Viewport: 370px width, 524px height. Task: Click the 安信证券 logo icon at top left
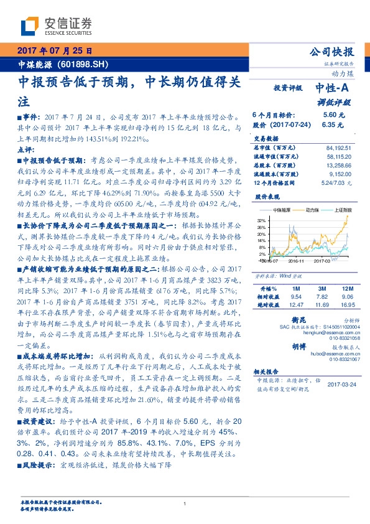[x=30, y=26]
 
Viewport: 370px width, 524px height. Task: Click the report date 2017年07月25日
[x=54, y=50]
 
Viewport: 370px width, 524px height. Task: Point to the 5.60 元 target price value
[x=330, y=115]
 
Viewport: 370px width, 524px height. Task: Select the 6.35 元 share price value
[x=330, y=124]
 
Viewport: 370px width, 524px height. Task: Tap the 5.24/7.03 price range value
[x=338, y=184]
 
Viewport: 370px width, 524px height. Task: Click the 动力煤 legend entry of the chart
[x=308, y=212]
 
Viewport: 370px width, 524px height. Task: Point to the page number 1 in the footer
[x=185, y=503]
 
